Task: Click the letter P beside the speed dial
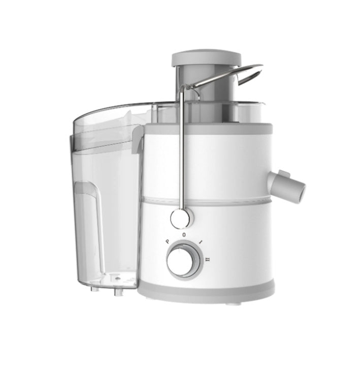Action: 167,242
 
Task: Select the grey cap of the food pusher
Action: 206,57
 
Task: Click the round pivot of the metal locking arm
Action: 181,219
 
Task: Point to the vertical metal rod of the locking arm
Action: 182,152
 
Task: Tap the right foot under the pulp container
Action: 119,292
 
